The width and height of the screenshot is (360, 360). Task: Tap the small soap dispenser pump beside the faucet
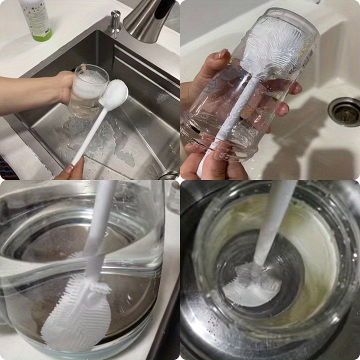[115, 22]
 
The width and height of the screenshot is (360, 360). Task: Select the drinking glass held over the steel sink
[87, 90]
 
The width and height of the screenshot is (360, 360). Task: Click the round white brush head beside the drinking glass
[114, 94]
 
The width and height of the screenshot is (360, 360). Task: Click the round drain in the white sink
[344, 111]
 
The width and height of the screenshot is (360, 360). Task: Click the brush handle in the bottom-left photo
[99, 225]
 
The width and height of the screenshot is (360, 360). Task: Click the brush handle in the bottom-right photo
[275, 220]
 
